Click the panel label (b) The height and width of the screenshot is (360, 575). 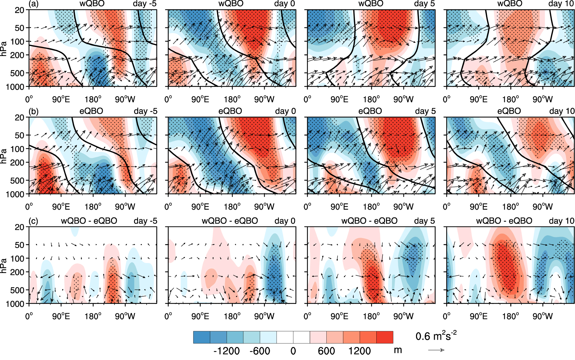coord(33,111)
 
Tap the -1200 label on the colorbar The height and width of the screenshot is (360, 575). coord(227,351)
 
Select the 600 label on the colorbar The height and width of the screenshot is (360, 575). coord(326,351)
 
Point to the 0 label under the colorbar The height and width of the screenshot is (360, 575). coord(293,351)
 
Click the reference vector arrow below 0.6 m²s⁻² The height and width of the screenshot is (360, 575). coord(436,350)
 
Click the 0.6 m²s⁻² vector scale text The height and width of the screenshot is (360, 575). coord(436,336)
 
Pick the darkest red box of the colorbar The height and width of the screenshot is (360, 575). coord(385,337)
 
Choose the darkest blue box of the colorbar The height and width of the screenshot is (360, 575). coord(202,337)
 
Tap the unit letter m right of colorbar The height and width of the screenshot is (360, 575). coord(398,350)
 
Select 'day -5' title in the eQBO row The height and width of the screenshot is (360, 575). coord(145,111)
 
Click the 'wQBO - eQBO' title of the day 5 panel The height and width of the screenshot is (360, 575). coord(369,221)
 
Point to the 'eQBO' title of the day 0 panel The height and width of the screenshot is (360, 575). coord(230,111)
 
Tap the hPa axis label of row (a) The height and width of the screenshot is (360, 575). coord(4,48)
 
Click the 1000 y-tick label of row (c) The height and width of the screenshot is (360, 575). coord(15,304)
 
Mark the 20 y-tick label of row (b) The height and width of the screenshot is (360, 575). coord(20,117)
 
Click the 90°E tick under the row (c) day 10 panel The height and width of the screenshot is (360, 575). coord(479,316)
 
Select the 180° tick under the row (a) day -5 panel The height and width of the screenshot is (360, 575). coord(93,99)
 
